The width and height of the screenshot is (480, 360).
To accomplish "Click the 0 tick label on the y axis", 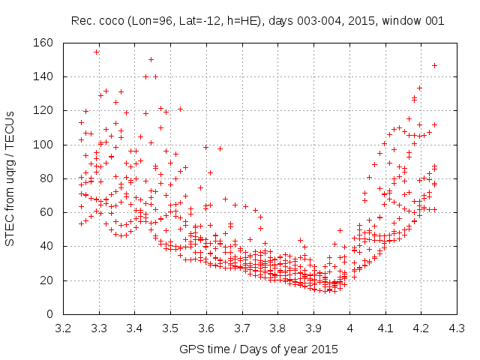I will click(49, 314).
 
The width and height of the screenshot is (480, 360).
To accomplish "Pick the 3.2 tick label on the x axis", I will click(64, 328).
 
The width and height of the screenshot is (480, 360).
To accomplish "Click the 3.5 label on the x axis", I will click(170, 328).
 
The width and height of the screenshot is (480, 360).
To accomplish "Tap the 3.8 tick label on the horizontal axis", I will click(277, 328).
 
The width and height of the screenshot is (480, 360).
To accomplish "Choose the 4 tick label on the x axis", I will click(348, 328).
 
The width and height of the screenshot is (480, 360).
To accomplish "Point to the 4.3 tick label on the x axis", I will click(454, 328).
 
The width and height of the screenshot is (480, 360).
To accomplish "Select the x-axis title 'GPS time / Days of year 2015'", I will click(259, 349).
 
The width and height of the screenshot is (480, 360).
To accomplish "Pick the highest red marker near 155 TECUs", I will click(97, 52).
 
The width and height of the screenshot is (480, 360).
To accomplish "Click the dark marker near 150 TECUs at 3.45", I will click(151, 59).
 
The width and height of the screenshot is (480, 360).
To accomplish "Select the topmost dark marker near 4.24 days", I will click(434, 65).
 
